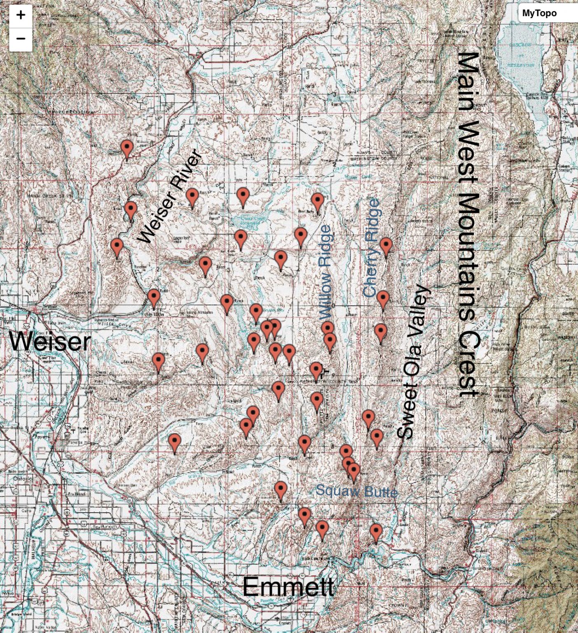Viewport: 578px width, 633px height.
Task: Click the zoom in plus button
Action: pos(21,15)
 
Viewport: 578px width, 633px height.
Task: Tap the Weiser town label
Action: pos(50,342)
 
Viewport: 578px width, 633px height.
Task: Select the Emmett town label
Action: pos(288,586)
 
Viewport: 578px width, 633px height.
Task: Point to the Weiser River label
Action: pos(170,197)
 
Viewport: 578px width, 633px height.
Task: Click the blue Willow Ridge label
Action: pos(325,272)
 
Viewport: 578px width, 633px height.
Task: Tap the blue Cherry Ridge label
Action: pos(372,248)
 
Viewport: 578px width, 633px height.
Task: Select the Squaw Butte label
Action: pos(356,491)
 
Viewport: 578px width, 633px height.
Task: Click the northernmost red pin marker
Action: pos(127,148)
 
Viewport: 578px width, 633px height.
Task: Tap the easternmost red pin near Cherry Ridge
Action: pos(386,246)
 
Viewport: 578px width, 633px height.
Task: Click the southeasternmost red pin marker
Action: pos(376,532)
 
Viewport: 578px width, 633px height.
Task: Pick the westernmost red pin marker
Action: pos(117,246)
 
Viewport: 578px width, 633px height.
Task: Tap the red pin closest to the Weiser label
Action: pos(158,361)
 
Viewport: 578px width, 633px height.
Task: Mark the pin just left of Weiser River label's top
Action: pos(192,197)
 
